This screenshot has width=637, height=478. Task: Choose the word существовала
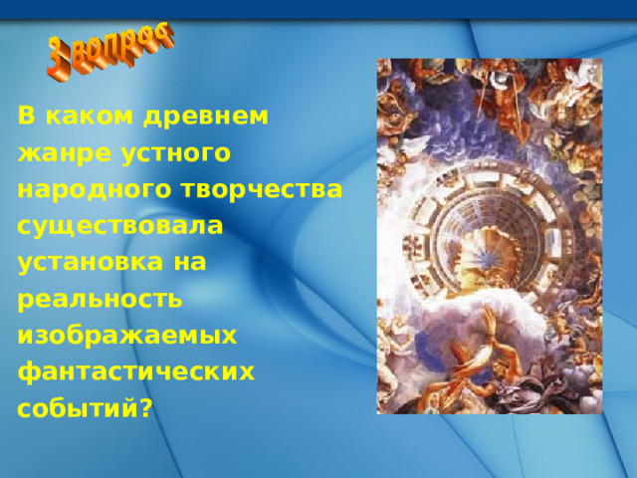tap(120, 226)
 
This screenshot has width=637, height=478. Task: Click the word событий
tap(79, 408)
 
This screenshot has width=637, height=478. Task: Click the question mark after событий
tap(146, 408)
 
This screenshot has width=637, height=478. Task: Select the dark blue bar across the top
tap(318, 9)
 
